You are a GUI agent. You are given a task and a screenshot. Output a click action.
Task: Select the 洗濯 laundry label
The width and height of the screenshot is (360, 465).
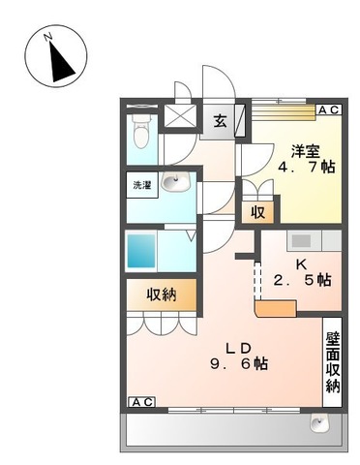(142, 184)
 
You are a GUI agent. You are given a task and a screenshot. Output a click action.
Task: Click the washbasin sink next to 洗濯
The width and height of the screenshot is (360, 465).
(175, 182)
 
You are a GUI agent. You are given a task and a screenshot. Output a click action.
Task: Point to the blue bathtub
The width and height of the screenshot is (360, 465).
(141, 251)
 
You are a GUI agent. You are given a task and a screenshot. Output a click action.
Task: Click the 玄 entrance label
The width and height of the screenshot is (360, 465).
(220, 121)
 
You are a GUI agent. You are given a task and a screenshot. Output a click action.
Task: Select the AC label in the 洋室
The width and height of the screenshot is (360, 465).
(328, 111)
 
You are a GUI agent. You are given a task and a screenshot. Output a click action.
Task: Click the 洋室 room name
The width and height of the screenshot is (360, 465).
(306, 150)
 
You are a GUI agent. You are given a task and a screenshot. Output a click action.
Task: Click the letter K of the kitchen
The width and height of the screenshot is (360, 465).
(301, 263)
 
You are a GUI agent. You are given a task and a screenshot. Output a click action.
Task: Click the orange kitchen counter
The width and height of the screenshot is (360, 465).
(276, 307)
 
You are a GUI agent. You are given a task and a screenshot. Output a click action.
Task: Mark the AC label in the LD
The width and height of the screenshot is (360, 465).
(140, 401)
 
